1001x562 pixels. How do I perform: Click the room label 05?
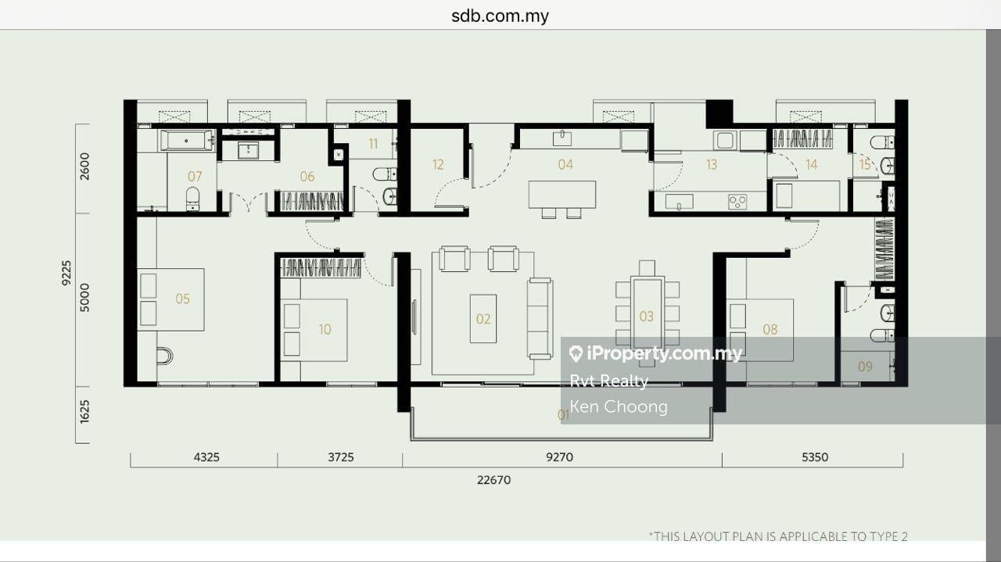click(182, 299)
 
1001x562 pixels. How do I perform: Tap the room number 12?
click(438, 165)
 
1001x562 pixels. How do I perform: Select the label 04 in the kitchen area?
click(565, 164)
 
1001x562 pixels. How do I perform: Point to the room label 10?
click(325, 330)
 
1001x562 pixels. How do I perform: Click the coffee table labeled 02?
click(483, 319)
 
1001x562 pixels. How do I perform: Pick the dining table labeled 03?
click(647, 313)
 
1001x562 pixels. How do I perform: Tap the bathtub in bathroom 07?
click(186, 141)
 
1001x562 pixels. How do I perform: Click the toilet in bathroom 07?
click(192, 199)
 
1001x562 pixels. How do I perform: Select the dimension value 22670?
click(493, 480)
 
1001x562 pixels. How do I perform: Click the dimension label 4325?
click(206, 457)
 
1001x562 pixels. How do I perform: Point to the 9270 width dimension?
click(559, 457)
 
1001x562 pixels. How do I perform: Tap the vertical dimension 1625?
click(84, 411)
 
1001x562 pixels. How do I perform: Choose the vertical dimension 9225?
click(66, 273)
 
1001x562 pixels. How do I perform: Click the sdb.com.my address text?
click(500, 16)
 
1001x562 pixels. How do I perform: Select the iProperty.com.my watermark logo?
click(655, 353)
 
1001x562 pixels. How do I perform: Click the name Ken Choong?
click(619, 406)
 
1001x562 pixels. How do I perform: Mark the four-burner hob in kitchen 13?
click(737, 202)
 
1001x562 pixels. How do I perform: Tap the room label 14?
click(812, 165)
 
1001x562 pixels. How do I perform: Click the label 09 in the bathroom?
click(865, 367)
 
